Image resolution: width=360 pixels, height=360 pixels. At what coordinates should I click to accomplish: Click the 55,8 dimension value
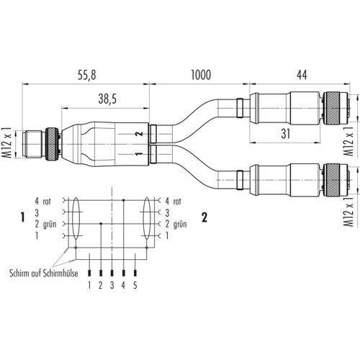(x=87, y=75)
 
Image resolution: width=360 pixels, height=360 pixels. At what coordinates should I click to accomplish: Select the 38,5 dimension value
(x=107, y=99)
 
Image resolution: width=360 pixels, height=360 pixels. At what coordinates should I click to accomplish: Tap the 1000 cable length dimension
(x=201, y=75)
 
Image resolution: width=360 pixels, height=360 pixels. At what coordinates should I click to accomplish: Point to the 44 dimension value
(x=302, y=75)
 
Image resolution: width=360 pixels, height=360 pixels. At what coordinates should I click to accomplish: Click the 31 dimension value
(x=286, y=134)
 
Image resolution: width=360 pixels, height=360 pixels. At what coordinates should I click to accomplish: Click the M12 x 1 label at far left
(x=8, y=143)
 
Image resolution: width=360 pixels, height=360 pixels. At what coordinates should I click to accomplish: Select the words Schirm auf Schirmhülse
(x=44, y=273)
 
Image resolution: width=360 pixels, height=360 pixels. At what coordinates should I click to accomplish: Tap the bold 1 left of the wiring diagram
(x=23, y=217)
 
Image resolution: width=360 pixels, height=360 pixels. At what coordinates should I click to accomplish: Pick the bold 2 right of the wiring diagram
(x=204, y=217)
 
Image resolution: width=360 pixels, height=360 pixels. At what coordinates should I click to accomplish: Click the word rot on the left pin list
(x=47, y=202)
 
